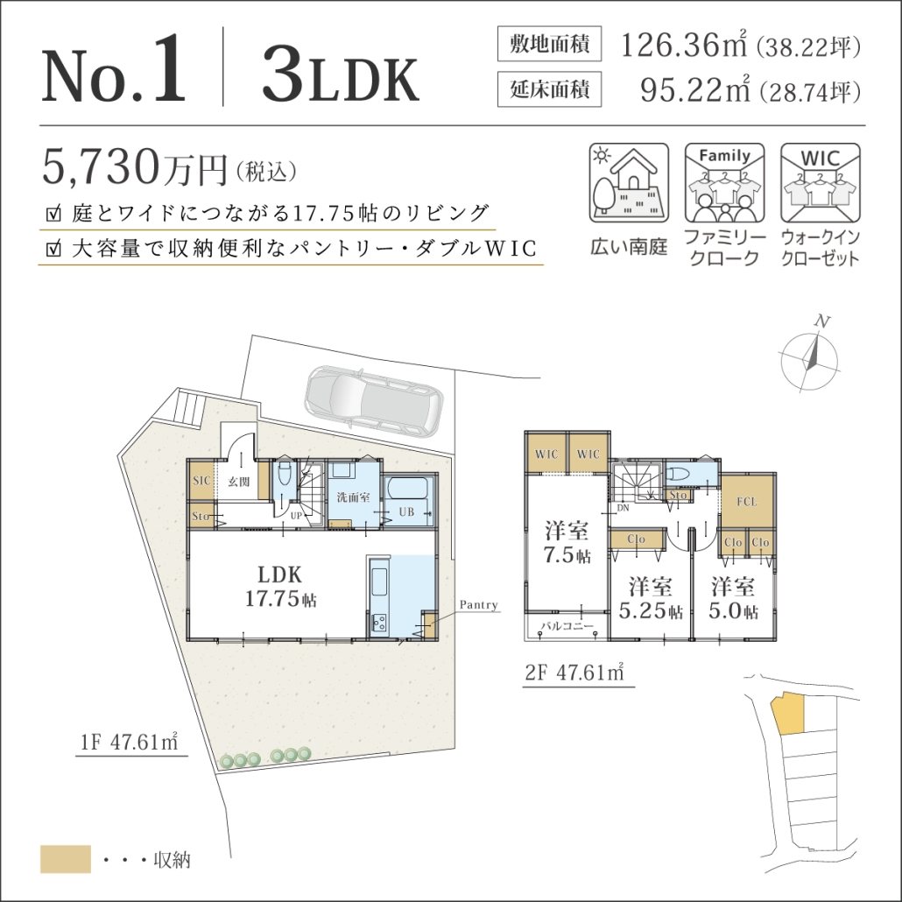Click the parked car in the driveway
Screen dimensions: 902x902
tap(375, 398)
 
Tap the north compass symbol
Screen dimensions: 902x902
tap(809, 356)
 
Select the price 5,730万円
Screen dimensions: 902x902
tap(136, 166)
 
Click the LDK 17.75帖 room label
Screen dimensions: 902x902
tap(280, 586)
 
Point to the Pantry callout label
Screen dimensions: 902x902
tap(479, 604)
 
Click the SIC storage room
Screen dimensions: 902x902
tap(201, 481)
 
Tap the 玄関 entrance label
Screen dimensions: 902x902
tap(239, 482)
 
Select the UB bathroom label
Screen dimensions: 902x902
tap(406, 511)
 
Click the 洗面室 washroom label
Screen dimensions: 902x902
tap(353, 497)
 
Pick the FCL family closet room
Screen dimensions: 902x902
tap(747, 501)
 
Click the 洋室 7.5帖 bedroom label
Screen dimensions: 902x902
tap(567, 542)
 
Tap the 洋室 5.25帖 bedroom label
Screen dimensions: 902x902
tap(651, 598)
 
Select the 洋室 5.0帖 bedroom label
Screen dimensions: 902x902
tap(733, 598)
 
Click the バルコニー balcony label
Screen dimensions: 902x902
tap(567, 626)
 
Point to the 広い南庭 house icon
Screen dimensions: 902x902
tap(629, 182)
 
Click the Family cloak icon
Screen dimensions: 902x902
tap(724, 182)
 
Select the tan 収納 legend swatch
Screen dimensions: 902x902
tap(66, 859)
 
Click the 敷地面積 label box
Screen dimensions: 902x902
tap(549, 44)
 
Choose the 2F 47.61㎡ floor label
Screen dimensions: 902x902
tap(575, 672)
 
